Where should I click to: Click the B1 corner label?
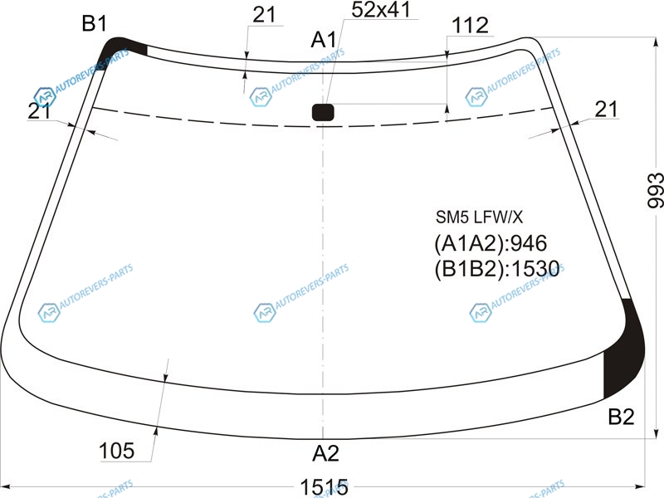tap(95, 23)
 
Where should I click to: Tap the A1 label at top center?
tap(324, 40)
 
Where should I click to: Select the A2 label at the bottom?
tap(325, 453)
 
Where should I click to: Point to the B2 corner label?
tap(621, 417)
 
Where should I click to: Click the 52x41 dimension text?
tap(381, 10)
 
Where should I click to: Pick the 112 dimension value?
tap(470, 26)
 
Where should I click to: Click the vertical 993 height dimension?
tap(655, 190)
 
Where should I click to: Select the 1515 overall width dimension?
tap(325, 487)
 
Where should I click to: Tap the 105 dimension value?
tap(116, 451)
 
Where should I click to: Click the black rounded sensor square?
tap(323, 113)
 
